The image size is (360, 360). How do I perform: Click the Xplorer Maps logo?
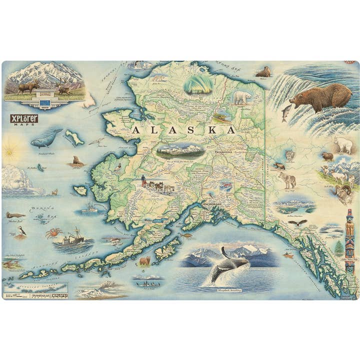(24, 120)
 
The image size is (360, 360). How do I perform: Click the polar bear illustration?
(243, 97)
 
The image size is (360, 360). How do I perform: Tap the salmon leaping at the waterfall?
(286, 112)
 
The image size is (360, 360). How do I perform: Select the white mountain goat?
(343, 144)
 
